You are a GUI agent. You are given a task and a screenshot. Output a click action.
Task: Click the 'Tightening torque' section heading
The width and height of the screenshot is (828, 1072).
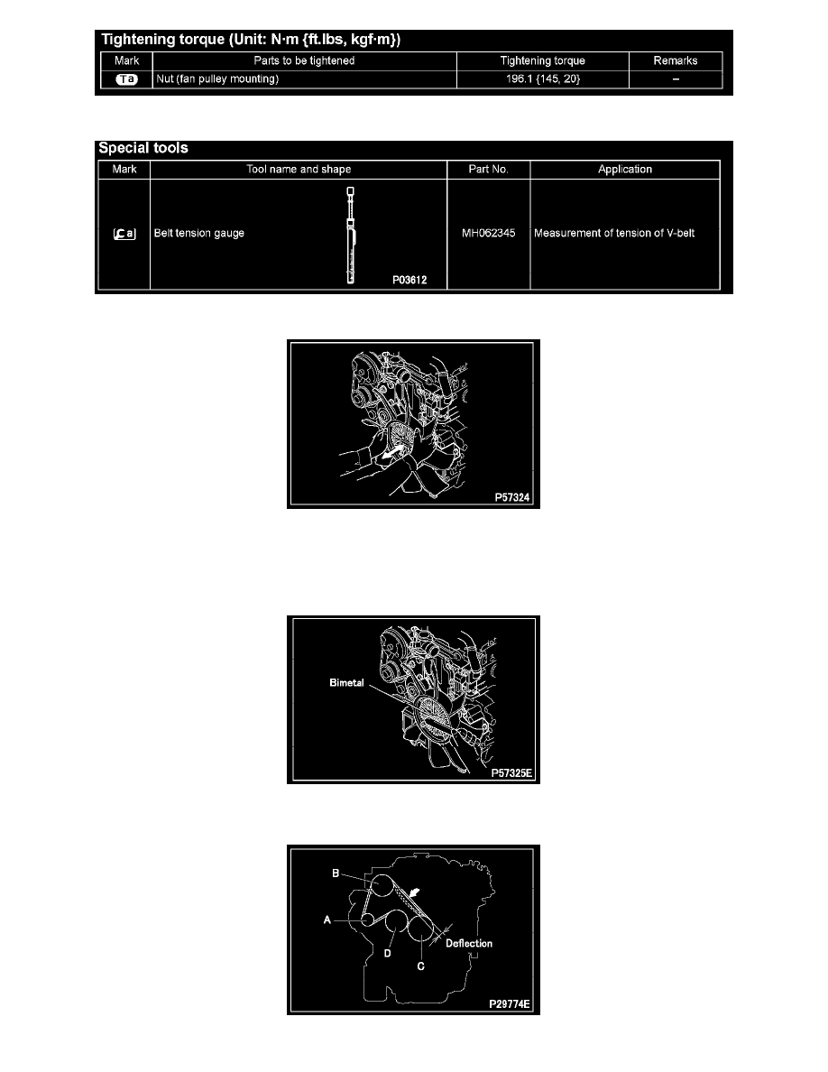pos(251,40)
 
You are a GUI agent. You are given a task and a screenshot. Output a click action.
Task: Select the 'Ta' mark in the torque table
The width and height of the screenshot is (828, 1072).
pos(126,79)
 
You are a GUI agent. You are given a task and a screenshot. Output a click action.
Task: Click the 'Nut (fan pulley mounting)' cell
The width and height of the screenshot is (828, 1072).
pos(217,79)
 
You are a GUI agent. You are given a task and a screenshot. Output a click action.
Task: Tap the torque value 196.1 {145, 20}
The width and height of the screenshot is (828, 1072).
pos(542,79)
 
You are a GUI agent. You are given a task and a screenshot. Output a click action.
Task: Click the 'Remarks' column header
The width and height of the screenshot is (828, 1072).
pos(675,60)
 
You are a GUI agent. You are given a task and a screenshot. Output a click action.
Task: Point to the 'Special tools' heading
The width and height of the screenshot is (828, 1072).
pos(143,148)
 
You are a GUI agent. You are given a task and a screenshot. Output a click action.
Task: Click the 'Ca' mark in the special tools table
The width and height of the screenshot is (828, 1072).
pos(124,234)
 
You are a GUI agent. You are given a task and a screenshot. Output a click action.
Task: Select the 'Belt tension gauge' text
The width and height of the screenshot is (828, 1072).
pos(198,233)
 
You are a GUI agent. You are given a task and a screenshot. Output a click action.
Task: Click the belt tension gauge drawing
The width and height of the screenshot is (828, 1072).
pos(351,236)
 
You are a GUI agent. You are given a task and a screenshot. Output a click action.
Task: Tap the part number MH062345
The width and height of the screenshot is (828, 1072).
pos(489,233)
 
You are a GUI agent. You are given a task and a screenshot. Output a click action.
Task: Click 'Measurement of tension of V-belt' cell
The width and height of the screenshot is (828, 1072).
pos(614,233)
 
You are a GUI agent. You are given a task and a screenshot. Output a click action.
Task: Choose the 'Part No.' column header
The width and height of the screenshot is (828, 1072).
pos(489,169)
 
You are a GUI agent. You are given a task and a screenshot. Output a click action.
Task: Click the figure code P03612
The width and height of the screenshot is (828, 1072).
pos(409,280)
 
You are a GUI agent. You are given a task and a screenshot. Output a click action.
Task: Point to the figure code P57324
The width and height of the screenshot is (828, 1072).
pos(512,497)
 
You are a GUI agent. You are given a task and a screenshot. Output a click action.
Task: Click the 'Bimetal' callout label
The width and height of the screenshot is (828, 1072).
pos(346,682)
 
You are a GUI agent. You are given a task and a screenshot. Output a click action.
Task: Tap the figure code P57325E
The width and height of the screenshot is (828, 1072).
pos(511,772)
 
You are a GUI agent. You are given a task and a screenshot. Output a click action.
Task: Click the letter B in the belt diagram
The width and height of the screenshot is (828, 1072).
pos(336,873)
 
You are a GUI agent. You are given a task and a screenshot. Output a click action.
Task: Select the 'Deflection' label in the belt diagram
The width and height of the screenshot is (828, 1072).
pos(469,943)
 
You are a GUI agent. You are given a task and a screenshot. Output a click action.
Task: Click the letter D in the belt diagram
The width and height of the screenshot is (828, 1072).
pos(387,953)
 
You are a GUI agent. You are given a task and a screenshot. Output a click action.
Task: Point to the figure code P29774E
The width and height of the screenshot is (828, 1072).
pos(510,1003)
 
